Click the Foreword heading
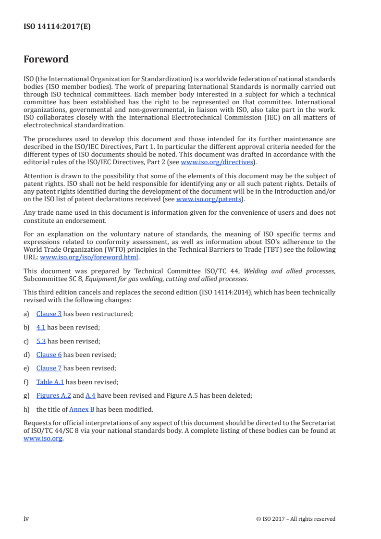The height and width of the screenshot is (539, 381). point(46,60)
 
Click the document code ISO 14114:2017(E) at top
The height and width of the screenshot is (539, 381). point(57,27)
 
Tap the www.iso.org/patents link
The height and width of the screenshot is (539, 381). point(209,199)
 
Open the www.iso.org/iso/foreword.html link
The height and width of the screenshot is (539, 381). point(89,257)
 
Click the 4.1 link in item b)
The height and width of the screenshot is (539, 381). point(41,328)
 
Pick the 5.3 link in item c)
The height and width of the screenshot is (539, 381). point(41,341)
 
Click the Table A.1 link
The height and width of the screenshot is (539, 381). point(50,382)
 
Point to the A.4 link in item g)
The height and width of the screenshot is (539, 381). point(90,396)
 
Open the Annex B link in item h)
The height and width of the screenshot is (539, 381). point(82,410)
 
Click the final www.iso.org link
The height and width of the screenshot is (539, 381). point(43,439)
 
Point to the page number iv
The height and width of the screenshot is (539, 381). point(26,518)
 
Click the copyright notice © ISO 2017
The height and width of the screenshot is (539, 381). point(296,519)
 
